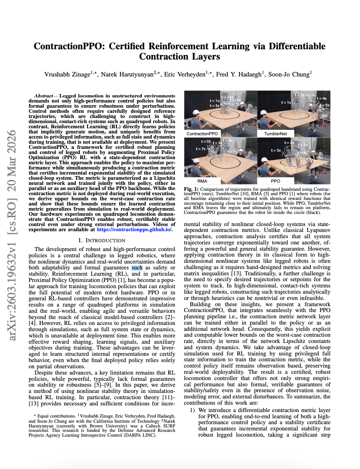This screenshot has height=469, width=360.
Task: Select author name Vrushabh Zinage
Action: pos(67,75)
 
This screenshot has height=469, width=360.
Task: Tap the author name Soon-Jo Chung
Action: pos(289,75)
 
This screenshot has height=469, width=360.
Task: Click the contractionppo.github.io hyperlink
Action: pos(134,230)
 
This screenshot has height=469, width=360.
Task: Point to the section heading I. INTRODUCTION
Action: pos(102,240)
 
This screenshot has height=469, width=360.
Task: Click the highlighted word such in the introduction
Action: pos(137,268)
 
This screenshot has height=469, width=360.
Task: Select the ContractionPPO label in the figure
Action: pos(202,134)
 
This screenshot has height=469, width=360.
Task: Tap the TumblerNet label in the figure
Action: pos(276,134)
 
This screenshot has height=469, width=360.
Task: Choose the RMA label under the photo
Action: pos(202,181)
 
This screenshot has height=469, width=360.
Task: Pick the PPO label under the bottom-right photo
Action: pos(276,181)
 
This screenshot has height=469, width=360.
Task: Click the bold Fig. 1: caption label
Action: pos(191,189)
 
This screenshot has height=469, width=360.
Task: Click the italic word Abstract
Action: pos(43,96)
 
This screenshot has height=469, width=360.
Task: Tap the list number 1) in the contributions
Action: pos(192,410)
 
